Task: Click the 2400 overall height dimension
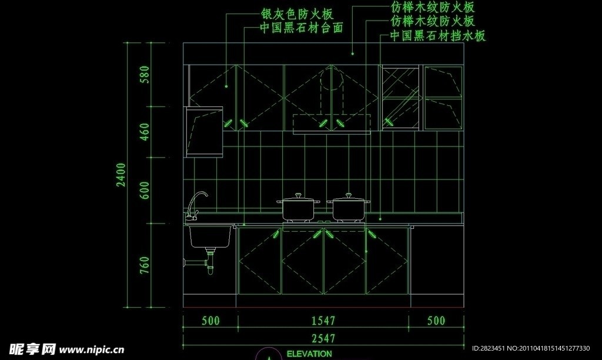[121, 175]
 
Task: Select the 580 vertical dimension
[145, 75]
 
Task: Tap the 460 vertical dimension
[145, 132]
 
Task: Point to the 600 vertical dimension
[145, 191]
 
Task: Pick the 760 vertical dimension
[145, 265]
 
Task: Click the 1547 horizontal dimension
[323, 321]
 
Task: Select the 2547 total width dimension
[323, 338]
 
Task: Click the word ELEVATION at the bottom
[309, 354]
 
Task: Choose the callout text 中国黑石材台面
[302, 28]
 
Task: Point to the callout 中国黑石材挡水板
[438, 36]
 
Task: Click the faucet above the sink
[196, 205]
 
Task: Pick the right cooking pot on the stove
[349, 209]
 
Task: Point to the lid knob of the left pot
[299, 194]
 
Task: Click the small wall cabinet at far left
[204, 132]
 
